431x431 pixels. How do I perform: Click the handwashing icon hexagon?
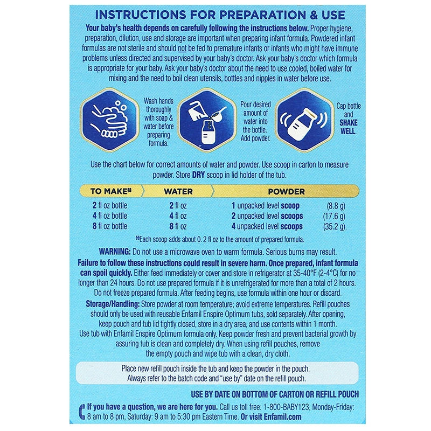click(x=110, y=120)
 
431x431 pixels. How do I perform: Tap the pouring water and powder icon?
click(x=207, y=120)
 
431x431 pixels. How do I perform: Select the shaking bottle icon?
click(x=304, y=120)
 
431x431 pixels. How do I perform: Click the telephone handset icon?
click(x=82, y=412)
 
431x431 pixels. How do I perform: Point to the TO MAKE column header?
click(x=111, y=191)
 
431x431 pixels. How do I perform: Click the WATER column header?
click(x=178, y=191)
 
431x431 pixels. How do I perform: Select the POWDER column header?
click(x=287, y=191)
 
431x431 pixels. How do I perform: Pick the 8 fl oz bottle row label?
click(x=110, y=226)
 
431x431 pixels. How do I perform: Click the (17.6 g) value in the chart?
click(x=333, y=216)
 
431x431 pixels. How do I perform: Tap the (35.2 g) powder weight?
click(x=333, y=226)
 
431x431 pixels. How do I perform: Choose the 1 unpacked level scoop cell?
click(x=266, y=206)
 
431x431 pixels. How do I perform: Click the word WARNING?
click(x=115, y=252)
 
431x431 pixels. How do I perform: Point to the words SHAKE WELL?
click(x=349, y=127)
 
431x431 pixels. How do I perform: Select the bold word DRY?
click(x=198, y=175)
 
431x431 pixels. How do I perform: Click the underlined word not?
click(x=182, y=48)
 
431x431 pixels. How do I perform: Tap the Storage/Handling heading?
click(x=113, y=304)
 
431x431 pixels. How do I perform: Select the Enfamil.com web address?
click(x=282, y=416)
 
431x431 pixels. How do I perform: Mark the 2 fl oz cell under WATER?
click(x=178, y=206)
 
